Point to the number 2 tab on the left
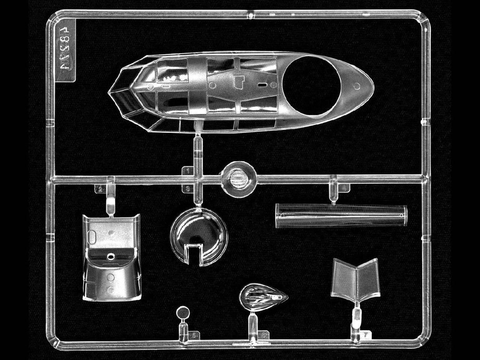tap(100, 189)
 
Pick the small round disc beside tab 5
tap(183, 313)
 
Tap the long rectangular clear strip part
tap(341, 215)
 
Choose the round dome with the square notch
tap(199, 236)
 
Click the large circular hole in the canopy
tap(312, 85)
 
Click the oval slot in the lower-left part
tap(92, 238)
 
